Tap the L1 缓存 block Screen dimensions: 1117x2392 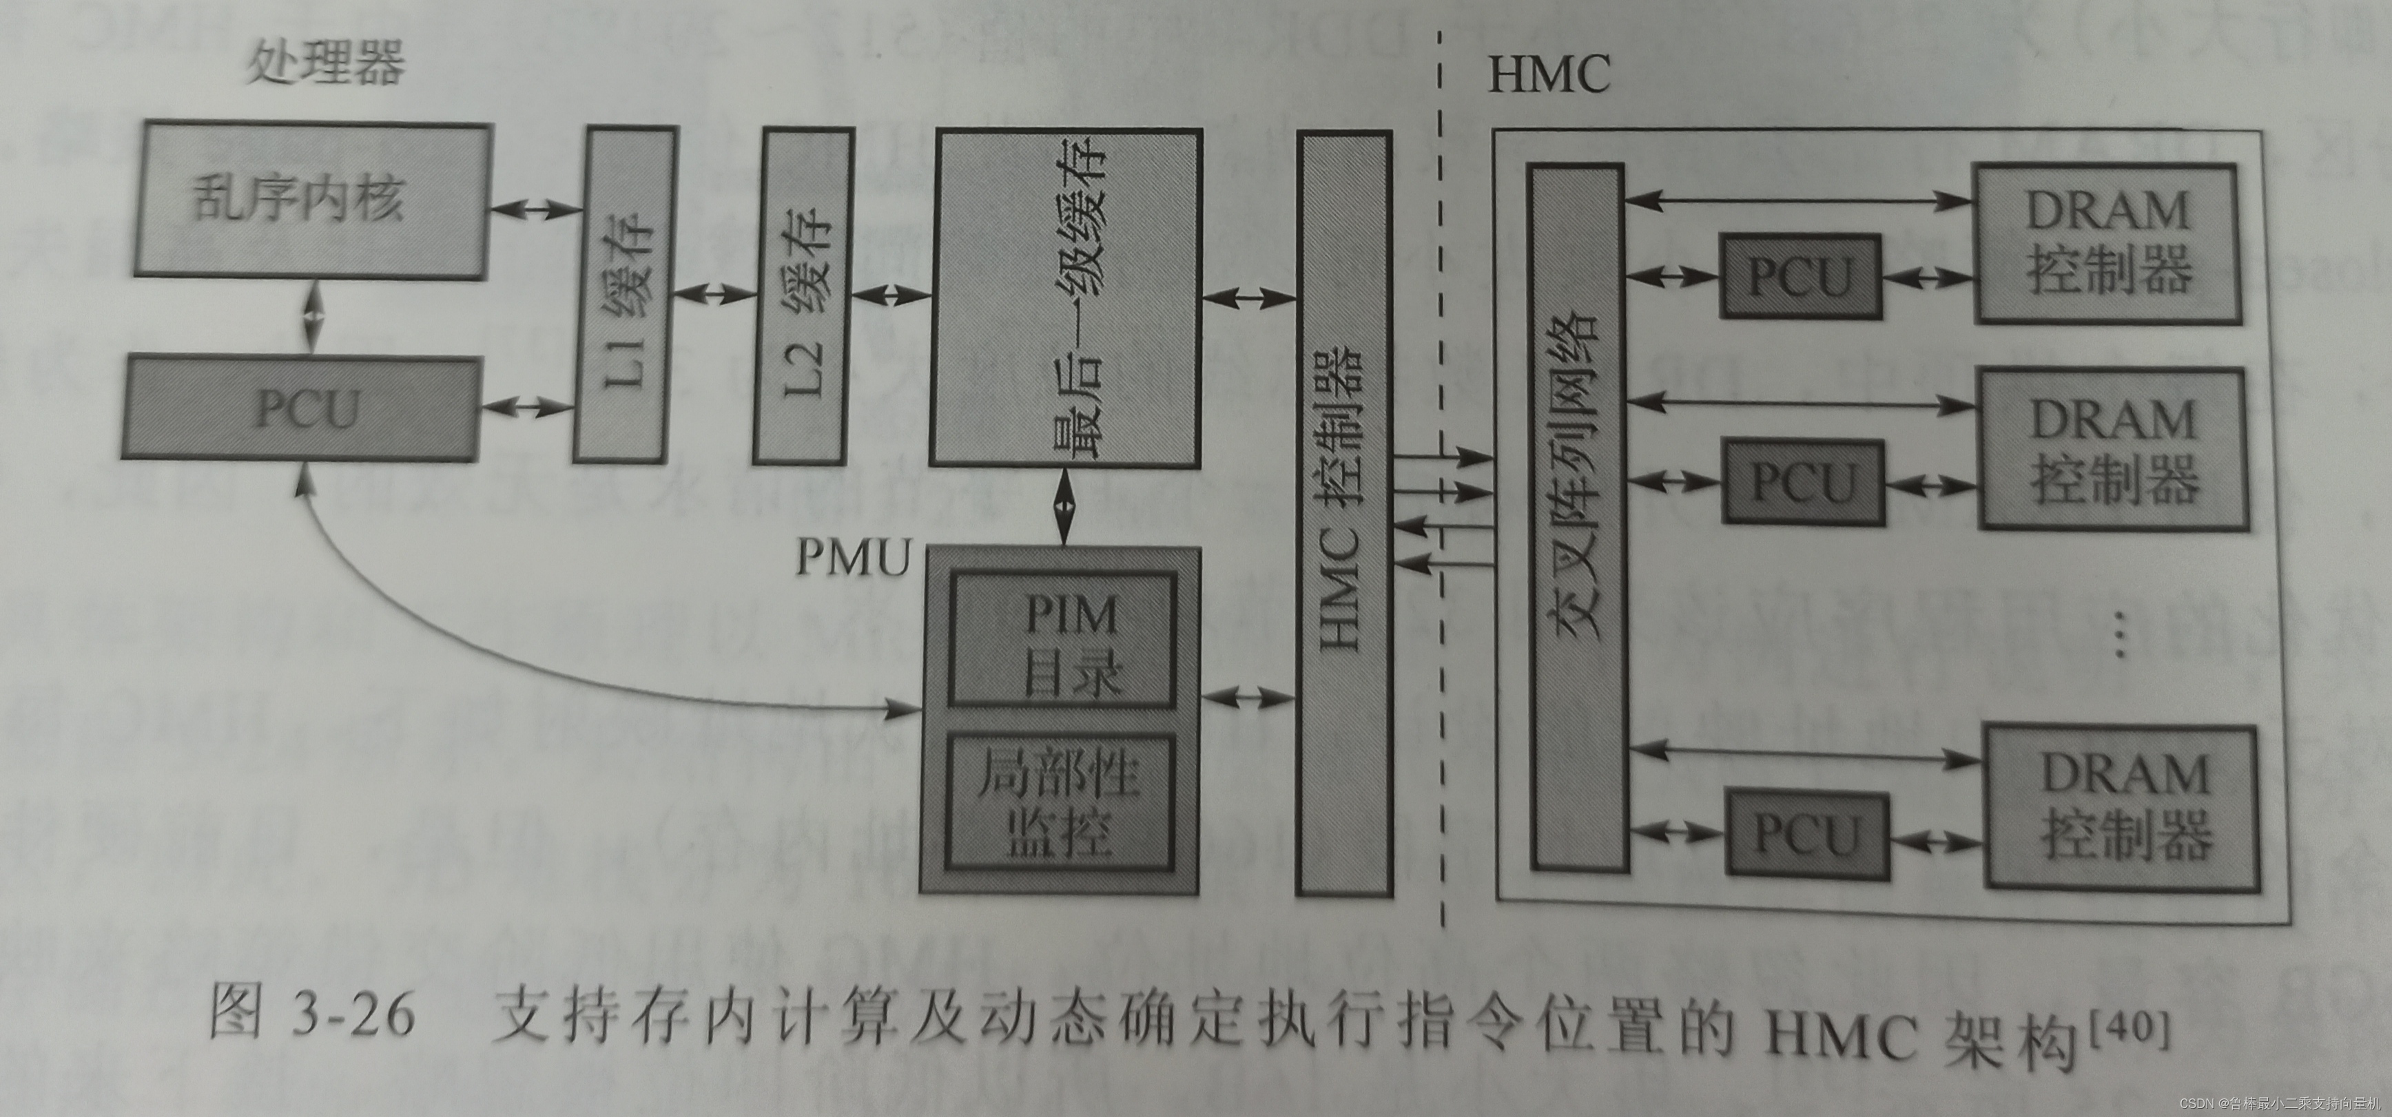coord(624,294)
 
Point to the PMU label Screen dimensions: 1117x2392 coord(852,557)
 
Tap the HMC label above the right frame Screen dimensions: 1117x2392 coord(1548,74)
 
